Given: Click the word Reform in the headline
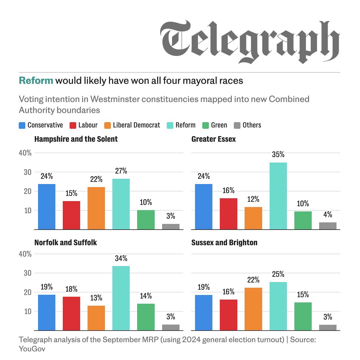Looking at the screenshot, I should pos(36,80).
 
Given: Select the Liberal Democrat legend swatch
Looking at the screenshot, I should pos(107,125).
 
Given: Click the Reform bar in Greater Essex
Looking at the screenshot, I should pos(278,196).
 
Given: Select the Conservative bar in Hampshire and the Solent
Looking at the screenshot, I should pos(47,207).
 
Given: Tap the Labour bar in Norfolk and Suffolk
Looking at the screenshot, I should pos(71,313).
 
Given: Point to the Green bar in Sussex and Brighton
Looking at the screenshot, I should pos(303,316).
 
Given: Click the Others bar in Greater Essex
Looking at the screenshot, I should pos(328,226).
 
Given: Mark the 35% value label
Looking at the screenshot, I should pos(278,155).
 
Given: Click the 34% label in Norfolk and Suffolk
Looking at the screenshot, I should pos(121,258).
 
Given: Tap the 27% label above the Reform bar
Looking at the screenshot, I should pos(121,171).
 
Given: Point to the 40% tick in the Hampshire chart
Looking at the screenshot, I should pos(25,153).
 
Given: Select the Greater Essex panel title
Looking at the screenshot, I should pos(213,139).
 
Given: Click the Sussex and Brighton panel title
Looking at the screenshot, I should pos(224,242).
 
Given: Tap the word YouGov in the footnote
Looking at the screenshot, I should pos(32,349).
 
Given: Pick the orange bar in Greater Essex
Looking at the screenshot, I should pos(253,218).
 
